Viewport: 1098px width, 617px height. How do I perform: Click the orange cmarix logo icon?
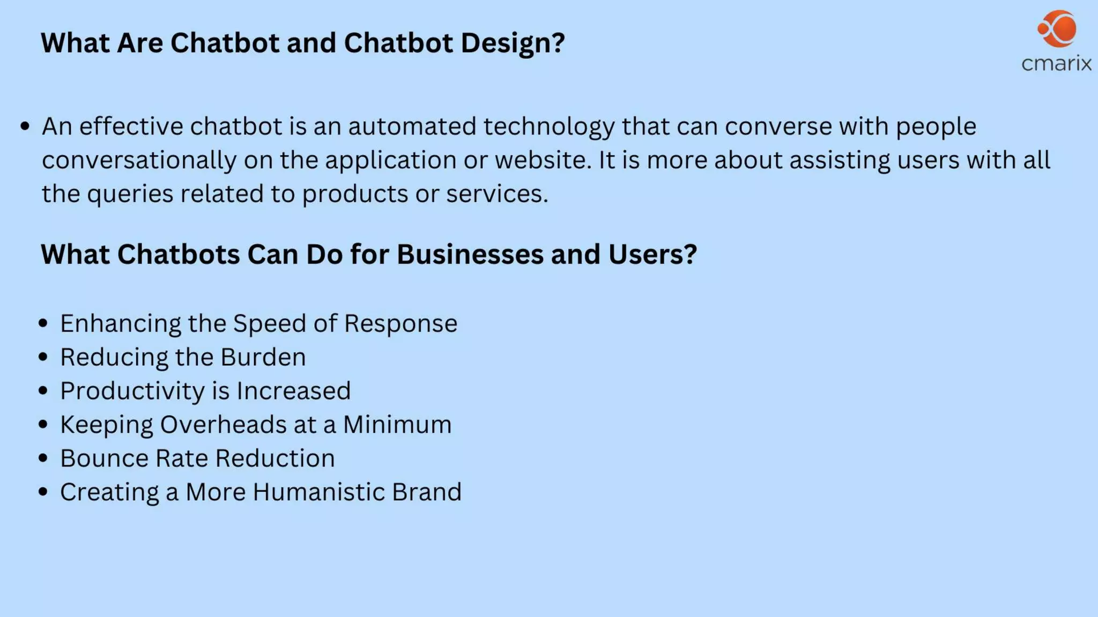pyautogui.click(x=1057, y=28)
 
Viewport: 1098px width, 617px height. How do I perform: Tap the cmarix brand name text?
pyautogui.click(x=1056, y=64)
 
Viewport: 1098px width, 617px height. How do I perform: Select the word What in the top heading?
pyautogui.click(x=75, y=43)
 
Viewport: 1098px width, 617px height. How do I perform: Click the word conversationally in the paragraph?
pyautogui.click(x=139, y=160)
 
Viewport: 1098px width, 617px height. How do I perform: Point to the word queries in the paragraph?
pyautogui.click(x=130, y=194)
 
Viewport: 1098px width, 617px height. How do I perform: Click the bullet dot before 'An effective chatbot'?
pyautogui.click(x=25, y=127)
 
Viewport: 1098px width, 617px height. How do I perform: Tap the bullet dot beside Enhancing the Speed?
pyautogui.click(x=43, y=323)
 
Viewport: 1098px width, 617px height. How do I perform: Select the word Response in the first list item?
pyautogui.click(x=400, y=323)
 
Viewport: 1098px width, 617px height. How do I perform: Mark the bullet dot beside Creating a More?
pyautogui.click(x=43, y=492)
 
